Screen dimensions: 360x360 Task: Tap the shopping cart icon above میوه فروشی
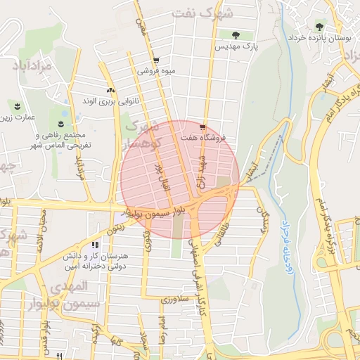(155, 60)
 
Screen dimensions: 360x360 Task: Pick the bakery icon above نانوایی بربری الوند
(110, 90)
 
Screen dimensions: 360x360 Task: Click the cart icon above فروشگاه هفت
(202, 127)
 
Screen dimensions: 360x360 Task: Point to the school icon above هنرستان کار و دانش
(94, 245)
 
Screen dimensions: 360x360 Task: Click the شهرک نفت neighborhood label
(216, 14)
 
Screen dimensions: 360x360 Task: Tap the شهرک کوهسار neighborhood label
(143, 134)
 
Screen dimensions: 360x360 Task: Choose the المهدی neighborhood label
(70, 286)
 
